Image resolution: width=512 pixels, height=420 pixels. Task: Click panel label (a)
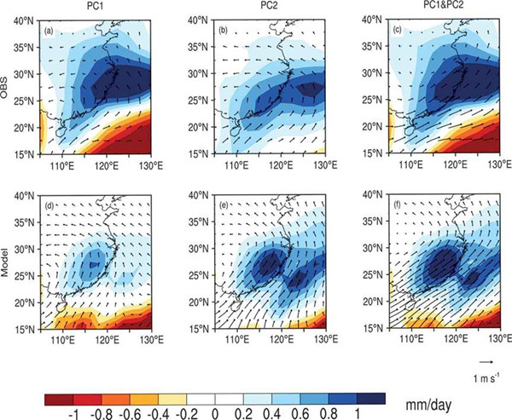click(x=49, y=32)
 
